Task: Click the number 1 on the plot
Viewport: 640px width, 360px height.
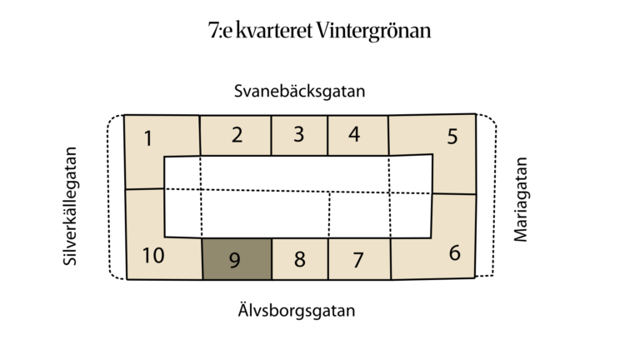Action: [x=148, y=138]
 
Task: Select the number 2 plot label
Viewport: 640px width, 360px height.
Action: [x=237, y=135]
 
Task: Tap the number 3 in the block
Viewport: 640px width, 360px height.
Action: [x=299, y=134]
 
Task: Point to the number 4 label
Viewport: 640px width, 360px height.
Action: [x=354, y=134]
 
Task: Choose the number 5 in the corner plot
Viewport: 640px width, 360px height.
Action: [x=452, y=137]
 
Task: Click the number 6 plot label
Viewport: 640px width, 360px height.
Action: [x=455, y=253]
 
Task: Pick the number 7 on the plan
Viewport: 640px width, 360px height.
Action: [x=358, y=260]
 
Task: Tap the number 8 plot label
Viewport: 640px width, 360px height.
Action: [x=300, y=259]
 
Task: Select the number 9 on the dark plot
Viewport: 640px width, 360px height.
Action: [x=235, y=260]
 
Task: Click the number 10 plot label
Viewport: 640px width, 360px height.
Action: [x=153, y=256]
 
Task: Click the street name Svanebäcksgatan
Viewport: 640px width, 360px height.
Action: [x=300, y=91]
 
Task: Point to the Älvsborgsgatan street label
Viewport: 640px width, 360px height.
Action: [x=297, y=310]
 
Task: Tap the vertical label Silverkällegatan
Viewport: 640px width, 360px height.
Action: [x=70, y=206]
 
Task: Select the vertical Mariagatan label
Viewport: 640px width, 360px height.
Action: [x=520, y=200]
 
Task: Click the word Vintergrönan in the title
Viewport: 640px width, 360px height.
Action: [x=373, y=31]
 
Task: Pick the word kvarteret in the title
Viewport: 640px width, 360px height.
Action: [x=274, y=31]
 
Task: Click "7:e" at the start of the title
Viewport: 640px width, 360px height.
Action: [x=220, y=31]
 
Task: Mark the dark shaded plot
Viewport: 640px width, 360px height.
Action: [x=237, y=259]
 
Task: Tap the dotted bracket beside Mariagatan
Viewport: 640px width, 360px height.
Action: [x=495, y=195]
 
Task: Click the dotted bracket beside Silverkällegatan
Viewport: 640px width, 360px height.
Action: [x=108, y=197]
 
